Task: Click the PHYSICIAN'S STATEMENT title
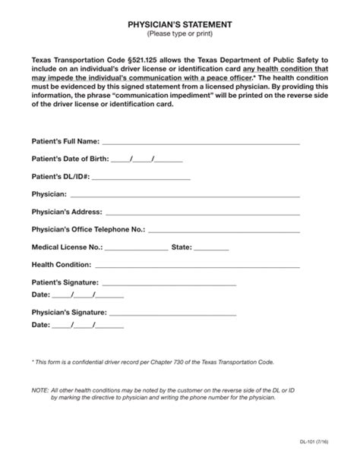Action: click(180, 25)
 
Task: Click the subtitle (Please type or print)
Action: click(180, 35)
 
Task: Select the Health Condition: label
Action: click(62, 265)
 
